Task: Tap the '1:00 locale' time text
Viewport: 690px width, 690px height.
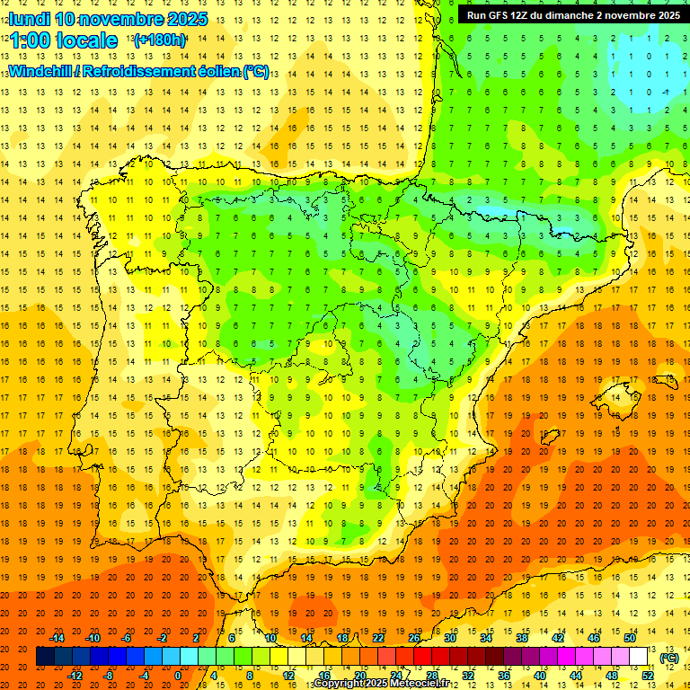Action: [x=63, y=40]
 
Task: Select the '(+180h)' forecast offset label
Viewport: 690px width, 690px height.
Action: [x=160, y=40]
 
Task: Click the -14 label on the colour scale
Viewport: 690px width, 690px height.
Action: [x=57, y=638]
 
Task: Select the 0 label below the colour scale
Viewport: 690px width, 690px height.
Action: [x=179, y=676]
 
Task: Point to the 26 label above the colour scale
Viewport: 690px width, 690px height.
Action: [x=414, y=638]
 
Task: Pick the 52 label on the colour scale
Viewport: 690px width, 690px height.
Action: [x=648, y=676]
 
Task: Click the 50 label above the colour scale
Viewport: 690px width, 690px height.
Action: [x=630, y=638]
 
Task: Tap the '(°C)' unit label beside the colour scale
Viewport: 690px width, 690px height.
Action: [x=668, y=658]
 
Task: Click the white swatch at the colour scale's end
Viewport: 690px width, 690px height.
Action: [x=639, y=657]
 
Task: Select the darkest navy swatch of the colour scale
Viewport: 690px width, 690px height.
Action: [x=45, y=657]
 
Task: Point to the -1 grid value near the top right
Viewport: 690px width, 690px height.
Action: [x=665, y=92]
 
